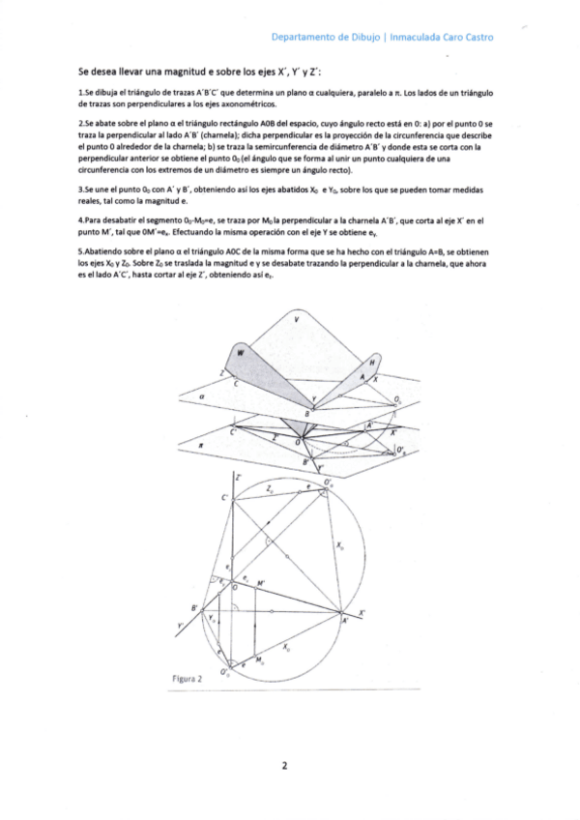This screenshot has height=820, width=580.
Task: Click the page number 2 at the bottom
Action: coord(284,766)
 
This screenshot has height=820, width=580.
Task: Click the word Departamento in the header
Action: coord(302,38)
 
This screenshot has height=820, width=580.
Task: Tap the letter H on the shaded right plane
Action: coord(372,362)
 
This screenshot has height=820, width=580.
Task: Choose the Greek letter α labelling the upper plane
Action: coord(199,395)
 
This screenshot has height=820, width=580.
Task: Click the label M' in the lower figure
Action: coord(261,584)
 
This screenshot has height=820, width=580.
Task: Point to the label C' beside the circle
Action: coord(225,498)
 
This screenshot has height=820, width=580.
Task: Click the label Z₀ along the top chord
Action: coord(270,490)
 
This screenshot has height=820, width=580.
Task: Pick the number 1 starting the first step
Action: coord(80,92)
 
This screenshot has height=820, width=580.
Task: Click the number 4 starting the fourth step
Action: coord(80,220)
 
